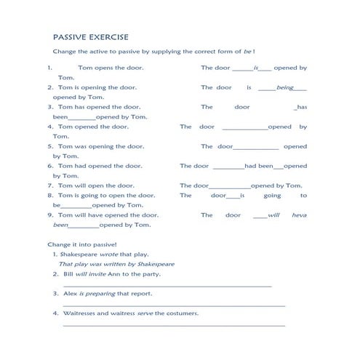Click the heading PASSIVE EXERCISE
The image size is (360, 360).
click(91, 36)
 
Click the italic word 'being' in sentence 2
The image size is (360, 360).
click(284, 87)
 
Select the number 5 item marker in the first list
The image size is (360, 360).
click(50, 146)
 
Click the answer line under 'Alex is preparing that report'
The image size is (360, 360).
click(175, 305)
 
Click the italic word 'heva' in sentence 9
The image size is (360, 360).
click(299, 215)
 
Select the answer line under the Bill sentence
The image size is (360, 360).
click(167, 286)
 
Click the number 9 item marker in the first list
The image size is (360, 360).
click(50, 215)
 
